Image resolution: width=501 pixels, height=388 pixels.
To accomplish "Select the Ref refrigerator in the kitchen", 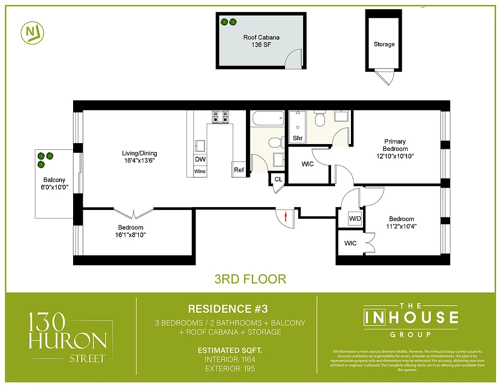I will click(x=239, y=170).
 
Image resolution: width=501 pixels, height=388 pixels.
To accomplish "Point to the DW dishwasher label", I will click(x=200, y=159).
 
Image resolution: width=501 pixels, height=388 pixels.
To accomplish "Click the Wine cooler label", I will click(x=200, y=171).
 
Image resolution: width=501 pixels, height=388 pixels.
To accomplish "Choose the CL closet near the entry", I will click(x=278, y=179).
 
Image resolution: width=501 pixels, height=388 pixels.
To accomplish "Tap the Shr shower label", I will click(x=298, y=138).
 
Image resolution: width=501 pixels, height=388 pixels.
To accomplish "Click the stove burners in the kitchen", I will click(x=220, y=116).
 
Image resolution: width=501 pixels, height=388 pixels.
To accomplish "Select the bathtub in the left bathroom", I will click(x=267, y=119).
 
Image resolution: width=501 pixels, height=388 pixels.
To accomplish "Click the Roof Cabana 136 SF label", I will click(x=261, y=41).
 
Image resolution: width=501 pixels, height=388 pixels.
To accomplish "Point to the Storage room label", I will click(x=384, y=44).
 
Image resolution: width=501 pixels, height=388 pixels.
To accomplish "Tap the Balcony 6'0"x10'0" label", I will click(x=54, y=184).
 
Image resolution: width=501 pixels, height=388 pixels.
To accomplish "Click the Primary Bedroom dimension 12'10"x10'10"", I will click(x=395, y=156).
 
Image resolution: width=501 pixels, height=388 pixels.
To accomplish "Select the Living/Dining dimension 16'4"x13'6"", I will click(x=139, y=161).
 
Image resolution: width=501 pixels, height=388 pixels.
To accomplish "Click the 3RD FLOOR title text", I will click(x=250, y=279).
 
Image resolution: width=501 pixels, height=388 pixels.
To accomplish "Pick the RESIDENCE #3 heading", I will click(x=228, y=309).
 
